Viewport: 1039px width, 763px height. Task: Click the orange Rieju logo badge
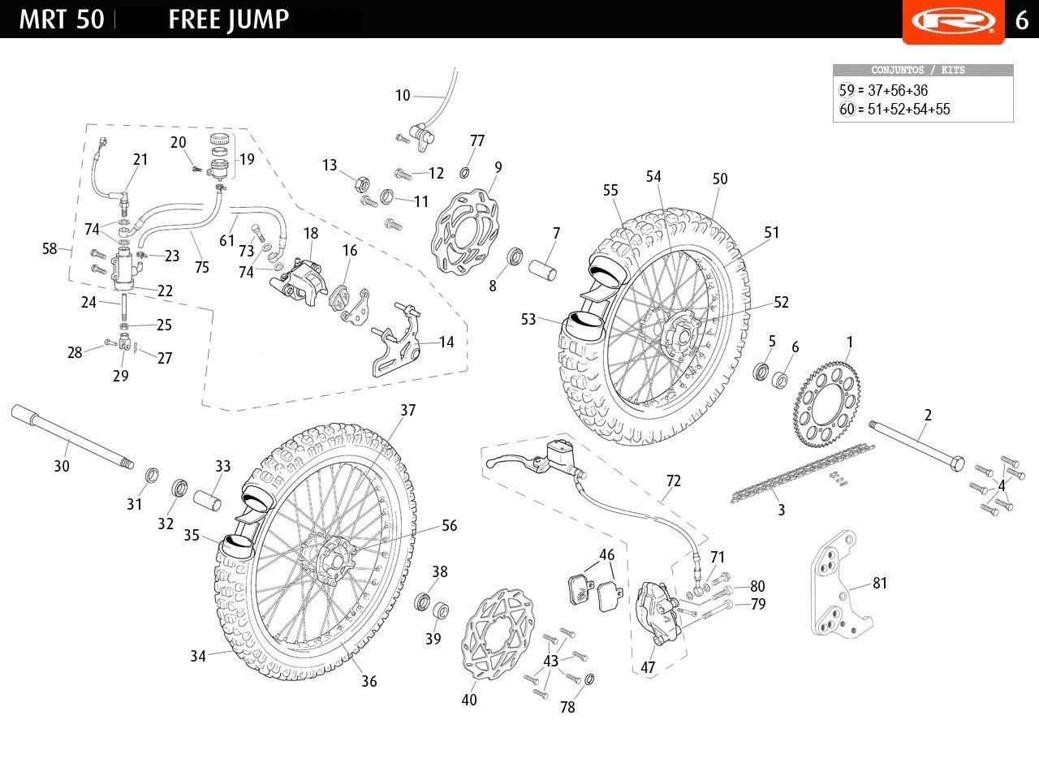(x=953, y=21)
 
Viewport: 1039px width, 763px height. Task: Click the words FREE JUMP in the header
(x=228, y=20)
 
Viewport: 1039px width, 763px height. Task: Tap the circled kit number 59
(x=847, y=90)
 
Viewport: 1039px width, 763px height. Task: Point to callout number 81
(x=879, y=583)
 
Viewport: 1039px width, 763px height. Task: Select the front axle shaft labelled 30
(x=72, y=437)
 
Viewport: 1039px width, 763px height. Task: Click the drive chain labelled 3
(x=803, y=473)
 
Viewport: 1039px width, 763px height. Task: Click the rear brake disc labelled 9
(x=464, y=231)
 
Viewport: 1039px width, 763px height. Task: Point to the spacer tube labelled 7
(x=543, y=269)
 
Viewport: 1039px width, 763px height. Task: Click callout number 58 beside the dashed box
(x=50, y=248)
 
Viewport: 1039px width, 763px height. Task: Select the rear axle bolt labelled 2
(x=916, y=444)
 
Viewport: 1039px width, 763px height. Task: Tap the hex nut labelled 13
(x=362, y=184)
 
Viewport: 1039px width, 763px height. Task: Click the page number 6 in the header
(x=1022, y=20)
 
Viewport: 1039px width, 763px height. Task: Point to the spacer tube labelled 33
(x=207, y=499)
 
